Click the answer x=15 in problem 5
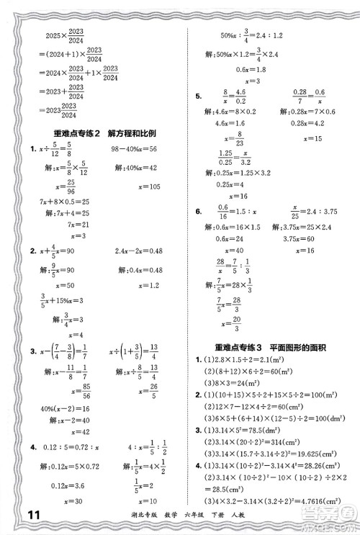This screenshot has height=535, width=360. click(314, 138)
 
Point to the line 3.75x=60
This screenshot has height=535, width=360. click(303, 239)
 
